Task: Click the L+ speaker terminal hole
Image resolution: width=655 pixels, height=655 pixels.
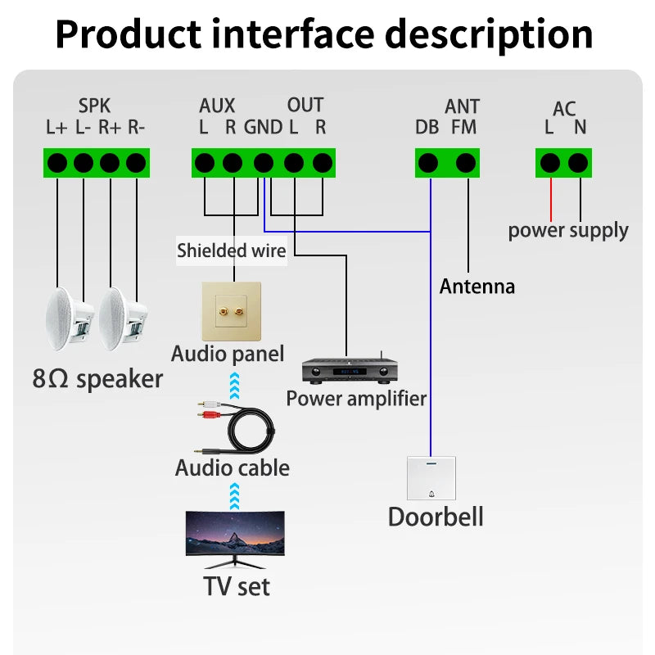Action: pos(57,162)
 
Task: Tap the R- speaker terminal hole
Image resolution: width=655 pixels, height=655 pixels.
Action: pos(136,162)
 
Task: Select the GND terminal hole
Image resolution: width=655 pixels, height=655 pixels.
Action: pos(263,162)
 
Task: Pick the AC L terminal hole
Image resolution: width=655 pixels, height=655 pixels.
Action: pos(550,162)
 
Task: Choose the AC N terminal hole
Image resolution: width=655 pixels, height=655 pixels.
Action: pos(579,162)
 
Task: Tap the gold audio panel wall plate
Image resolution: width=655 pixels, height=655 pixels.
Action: pos(232,311)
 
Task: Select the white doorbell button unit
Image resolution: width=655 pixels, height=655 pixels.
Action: pos(431,477)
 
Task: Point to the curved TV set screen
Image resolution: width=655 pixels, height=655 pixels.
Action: pos(236,537)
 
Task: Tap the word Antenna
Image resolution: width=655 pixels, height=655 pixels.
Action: pos(477,287)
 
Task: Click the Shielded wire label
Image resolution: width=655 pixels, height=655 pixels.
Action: pos(232,251)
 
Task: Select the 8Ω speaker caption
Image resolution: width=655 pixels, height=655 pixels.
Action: pos(97,379)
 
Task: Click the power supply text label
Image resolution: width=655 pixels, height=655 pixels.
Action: pos(568,230)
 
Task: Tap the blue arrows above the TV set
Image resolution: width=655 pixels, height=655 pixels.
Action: pos(236,494)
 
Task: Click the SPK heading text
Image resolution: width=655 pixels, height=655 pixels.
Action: pos(94,106)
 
